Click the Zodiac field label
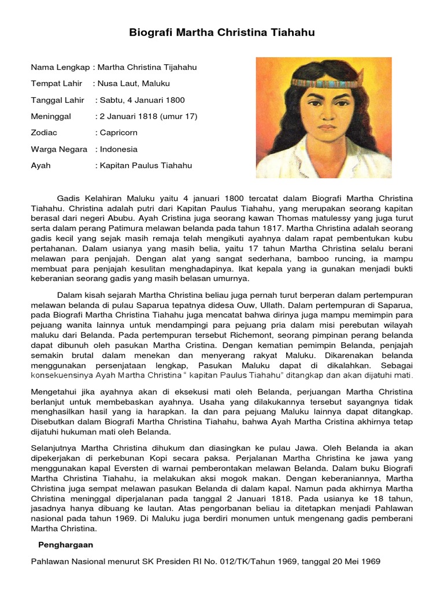pos(44,132)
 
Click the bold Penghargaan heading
pos(65,545)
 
